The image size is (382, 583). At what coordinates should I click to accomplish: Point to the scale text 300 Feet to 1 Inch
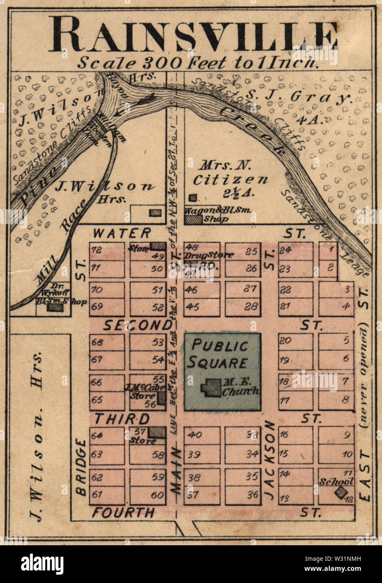[197, 63]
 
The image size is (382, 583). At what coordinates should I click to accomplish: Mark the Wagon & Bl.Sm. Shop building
[194, 219]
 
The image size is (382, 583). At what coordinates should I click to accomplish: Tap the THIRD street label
[121, 419]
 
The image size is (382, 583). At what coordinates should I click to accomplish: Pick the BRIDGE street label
[81, 466]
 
